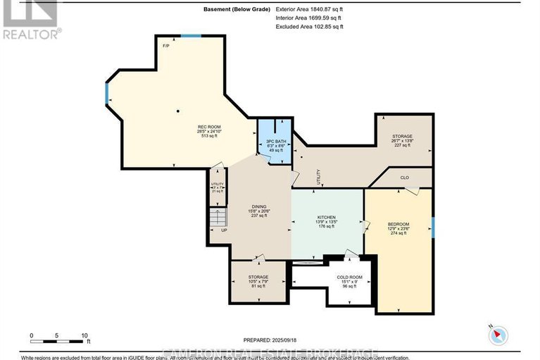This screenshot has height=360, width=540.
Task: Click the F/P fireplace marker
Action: point(165,46)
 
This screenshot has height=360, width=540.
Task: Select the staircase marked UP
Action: point(220,220)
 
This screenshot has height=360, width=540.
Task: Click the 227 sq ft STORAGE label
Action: point(402,141)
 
